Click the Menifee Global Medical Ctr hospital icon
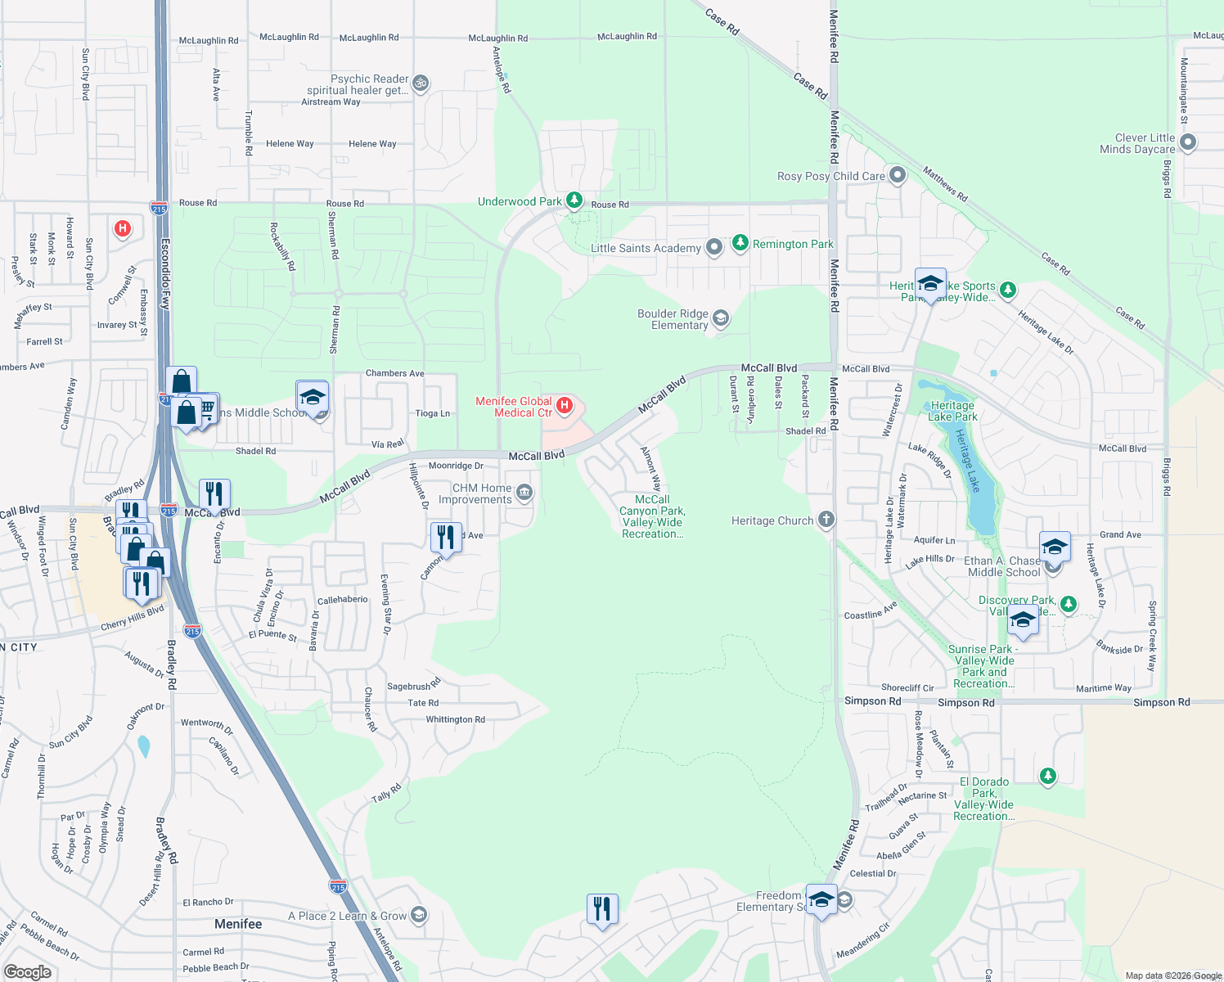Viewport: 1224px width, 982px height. point(564,405)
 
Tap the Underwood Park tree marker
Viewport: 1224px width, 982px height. point(574,200)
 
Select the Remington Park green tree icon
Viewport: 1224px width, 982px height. point(740,243)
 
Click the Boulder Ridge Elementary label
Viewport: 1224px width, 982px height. point(673,319)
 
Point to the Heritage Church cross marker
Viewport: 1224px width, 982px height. point(826,520)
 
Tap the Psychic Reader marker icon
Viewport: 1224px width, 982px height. point(421,83)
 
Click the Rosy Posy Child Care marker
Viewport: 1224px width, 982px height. point(898,175)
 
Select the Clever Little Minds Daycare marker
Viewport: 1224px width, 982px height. point(1188,142)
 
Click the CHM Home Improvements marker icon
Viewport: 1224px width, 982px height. point(524,493)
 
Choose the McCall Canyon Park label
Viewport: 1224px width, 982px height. point(652,516)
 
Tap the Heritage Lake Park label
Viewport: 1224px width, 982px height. point(953,411)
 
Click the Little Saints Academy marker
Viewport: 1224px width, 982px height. point(714,246)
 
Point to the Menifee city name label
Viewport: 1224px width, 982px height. point(238,924)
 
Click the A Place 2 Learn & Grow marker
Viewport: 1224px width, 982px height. point(418,915)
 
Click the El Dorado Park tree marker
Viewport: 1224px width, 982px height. point(1048,775)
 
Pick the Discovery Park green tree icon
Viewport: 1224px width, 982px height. point(1068,604)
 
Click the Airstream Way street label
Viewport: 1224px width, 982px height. point(331,102)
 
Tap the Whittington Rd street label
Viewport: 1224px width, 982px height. point(455,719)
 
